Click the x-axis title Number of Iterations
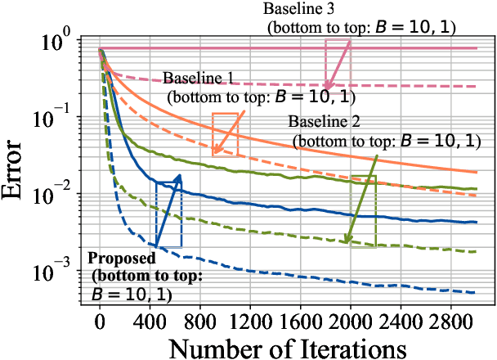[x=288, y=346]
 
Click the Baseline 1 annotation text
[x=199, y=78]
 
